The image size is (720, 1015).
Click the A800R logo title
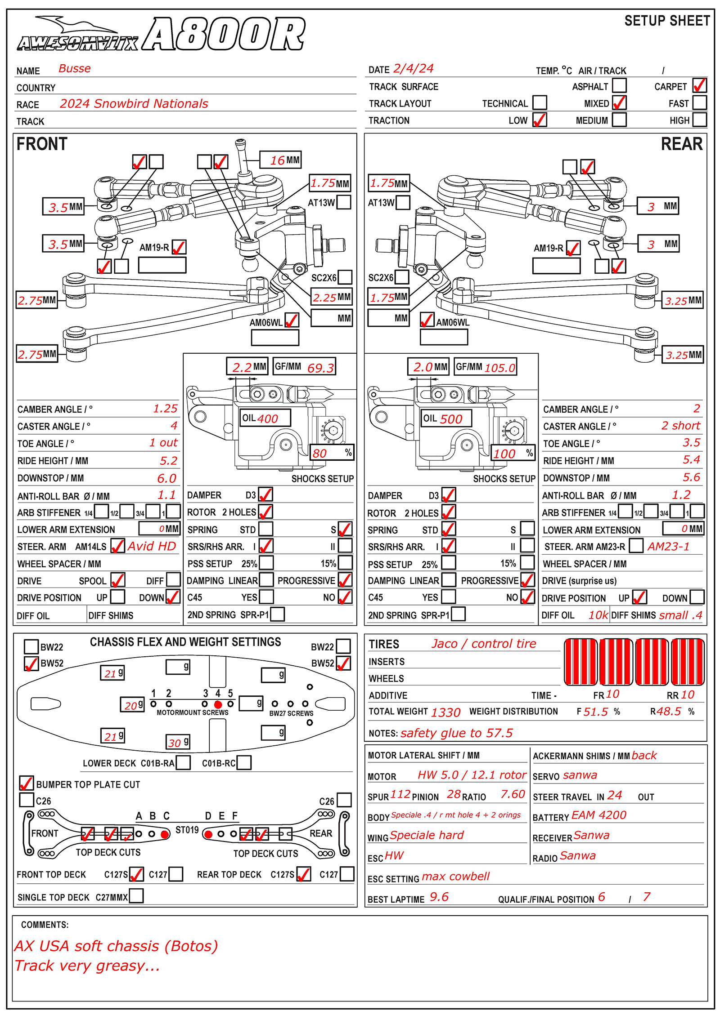[224, 34]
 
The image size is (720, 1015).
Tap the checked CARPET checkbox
[699, 85]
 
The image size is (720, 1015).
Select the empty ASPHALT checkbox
[619, 85]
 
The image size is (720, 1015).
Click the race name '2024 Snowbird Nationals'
[134, 104]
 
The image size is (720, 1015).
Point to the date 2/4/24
[413, 69]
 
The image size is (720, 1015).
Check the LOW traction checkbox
[539, 120]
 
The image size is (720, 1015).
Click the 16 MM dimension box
[280, 160]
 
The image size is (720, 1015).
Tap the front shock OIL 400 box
[265, 418]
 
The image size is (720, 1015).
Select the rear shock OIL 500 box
[446, 418]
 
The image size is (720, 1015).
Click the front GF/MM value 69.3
[320, 368]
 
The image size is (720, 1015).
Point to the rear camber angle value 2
[696, 408]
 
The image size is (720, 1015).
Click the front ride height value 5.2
[169, 461]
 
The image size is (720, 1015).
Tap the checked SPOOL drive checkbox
[118, 580]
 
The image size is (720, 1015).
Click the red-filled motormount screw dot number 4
[218, 704]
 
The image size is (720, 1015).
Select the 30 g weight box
[178, 742]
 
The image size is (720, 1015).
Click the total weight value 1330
[445, 712]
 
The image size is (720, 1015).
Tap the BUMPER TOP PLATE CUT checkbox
[27, 783]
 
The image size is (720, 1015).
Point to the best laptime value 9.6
[439, 897]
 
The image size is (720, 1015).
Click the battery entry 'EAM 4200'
[598, 815]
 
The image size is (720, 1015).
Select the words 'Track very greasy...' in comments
[87, 965]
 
